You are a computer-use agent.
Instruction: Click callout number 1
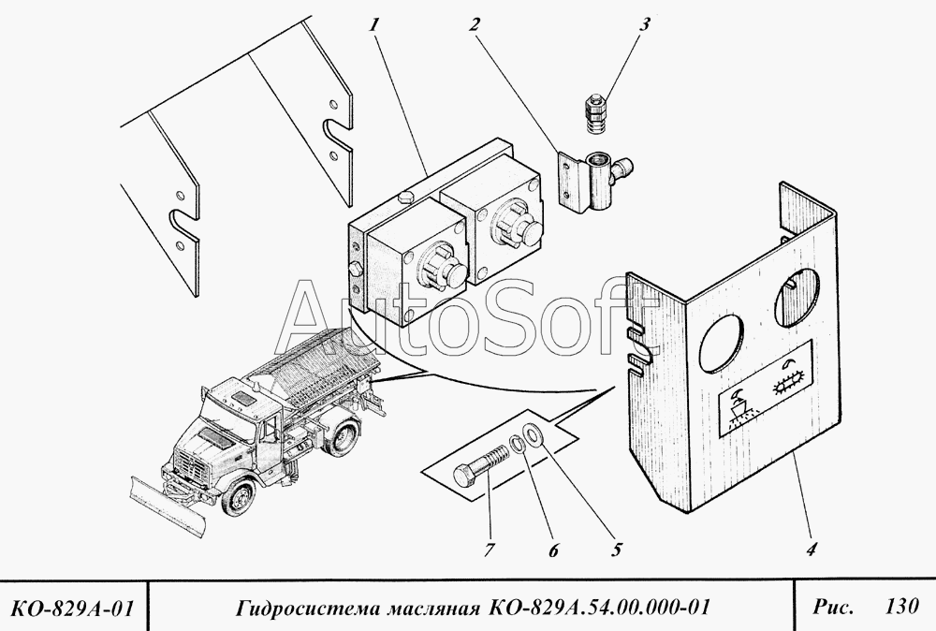pyautogui.click(x=374, y=25)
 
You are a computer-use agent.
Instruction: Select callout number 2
pyautogui.click(x=474, y=25)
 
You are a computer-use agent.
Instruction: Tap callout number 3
pyautogui.click(x=644, y=25)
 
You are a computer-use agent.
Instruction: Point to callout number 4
pyautogui.click(x=810, y=549)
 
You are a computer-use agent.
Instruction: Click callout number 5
pyautogui.click(x=616, y=549)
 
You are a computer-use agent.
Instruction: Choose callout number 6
pyautogui.click(x=553, y=550)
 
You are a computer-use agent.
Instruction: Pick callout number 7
pyautogui.click(x=489, y=550)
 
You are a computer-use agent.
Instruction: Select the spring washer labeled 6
pyautogui.click(x=517, y=444)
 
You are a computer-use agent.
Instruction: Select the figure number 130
pyautogui.click(x=901, y=607)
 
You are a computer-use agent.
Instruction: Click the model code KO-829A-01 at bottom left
pyautogui.click(x=72, y=609)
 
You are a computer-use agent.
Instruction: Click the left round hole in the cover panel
pyautogui.click(x=723, y=342)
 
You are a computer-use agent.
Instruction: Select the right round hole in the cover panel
pyautogui.click(x=797, y=296)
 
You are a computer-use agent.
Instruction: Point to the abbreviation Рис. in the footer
pyautogui.click(x=832, y=607)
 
